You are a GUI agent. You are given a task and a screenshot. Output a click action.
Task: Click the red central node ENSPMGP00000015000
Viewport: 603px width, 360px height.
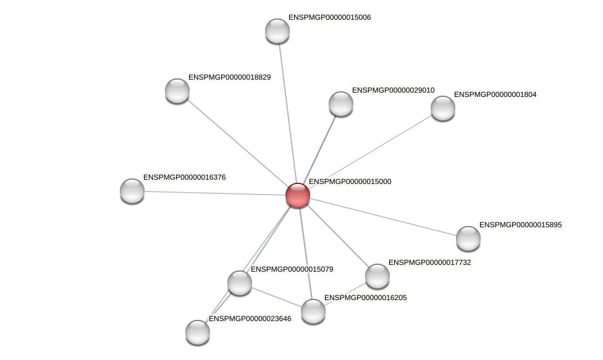click(297, 195)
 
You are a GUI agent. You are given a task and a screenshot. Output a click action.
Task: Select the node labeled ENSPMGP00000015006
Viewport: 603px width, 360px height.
click(277, 31)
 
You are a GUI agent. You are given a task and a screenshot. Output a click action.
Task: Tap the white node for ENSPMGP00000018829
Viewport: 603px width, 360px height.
click(177, 91)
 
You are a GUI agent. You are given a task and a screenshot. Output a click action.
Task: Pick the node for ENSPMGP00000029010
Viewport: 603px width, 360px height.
click(341, 104)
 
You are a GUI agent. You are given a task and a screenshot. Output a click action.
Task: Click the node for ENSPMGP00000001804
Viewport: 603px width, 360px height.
click(443, 108)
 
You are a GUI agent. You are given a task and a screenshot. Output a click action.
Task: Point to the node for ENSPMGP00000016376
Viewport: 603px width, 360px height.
click(132, 190)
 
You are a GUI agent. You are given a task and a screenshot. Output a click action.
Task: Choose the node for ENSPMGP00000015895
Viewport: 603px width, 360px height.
click(468, 238)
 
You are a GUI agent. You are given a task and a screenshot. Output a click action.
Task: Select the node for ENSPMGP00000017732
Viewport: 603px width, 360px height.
click(377, 276)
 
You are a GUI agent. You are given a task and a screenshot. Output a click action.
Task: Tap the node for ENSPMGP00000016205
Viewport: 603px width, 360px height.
click(313, 311)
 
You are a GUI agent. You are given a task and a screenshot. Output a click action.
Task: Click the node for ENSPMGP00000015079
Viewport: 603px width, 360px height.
click(240, 283)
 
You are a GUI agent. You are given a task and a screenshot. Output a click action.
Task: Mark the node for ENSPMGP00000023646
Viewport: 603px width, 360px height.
click(198, 332)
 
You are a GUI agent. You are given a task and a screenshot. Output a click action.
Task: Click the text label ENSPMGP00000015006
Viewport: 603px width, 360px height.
click(329, 17)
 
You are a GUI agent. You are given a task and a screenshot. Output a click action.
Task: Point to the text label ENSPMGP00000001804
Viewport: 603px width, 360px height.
click(495, 94)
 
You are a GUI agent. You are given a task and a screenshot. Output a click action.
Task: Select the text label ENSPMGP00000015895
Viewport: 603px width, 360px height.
click(520, 225)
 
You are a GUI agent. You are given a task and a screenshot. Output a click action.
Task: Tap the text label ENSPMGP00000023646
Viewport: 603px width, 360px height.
click(250, 319)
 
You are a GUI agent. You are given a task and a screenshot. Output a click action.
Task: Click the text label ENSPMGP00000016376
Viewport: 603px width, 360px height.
click(184, 177)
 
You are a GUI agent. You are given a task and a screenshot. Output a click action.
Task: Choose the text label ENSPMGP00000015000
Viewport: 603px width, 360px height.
click(350, 182)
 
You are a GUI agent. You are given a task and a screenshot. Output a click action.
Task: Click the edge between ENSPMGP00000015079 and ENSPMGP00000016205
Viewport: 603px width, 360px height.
click(276, 297)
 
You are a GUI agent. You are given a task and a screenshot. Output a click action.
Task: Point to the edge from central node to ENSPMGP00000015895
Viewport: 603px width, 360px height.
click(383, 217)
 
